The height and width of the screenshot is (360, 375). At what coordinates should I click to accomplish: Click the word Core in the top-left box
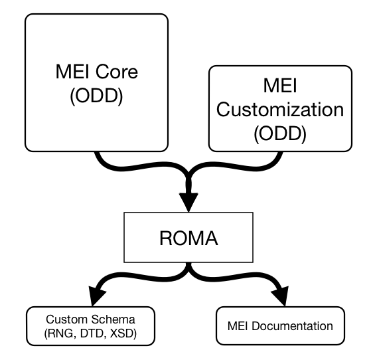[117, 71]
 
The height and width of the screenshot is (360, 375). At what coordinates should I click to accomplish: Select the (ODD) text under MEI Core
[96, 96]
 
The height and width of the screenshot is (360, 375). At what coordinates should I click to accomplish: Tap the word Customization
[280, 110]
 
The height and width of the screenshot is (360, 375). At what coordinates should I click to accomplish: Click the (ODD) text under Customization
[280, 134]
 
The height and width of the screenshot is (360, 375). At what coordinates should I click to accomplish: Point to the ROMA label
[188, 238]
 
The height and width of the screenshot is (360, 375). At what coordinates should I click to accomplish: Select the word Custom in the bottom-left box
[67, 319]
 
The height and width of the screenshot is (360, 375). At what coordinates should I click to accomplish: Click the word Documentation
[292, 326]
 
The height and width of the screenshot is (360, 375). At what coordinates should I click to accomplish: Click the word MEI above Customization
[280, 86]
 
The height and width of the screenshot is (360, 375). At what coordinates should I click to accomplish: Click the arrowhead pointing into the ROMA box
[188, 202]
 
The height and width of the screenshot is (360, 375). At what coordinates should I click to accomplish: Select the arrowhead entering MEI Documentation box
[281, 296]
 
